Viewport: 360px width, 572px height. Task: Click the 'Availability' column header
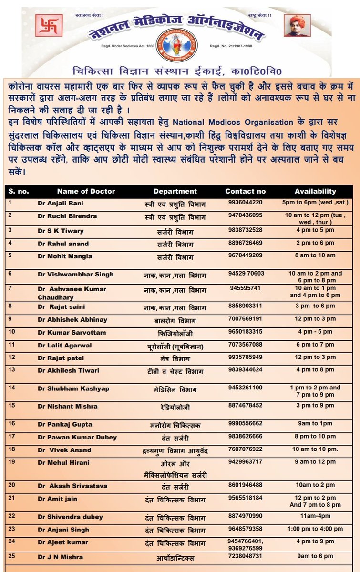tap(315, 191)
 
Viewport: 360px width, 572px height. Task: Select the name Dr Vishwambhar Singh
tap(75, 274)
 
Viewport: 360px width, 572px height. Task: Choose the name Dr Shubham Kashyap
tap(73, 388)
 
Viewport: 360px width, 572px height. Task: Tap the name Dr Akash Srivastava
tap(72, 486)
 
